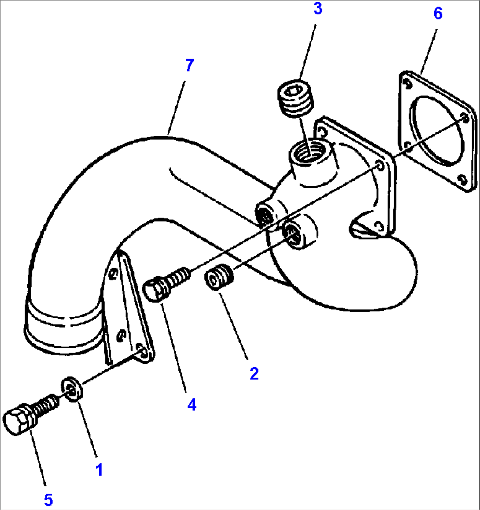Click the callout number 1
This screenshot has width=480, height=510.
[x=99, y=470]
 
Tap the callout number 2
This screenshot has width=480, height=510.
[x=254, y=373]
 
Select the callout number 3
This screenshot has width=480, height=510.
[x=318, y=8]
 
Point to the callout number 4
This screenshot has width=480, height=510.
[x=192, y=405]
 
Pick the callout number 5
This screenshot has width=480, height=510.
[x=48, y=499]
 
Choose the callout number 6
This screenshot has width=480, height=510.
[x=438, y=13]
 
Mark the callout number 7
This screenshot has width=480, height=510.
[x=189, y=65]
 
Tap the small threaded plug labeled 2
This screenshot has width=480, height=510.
[x=219, y=277]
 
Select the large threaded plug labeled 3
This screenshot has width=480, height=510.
[x=295, y=98]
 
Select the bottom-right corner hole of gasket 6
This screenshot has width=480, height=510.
[x=462, y=179]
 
